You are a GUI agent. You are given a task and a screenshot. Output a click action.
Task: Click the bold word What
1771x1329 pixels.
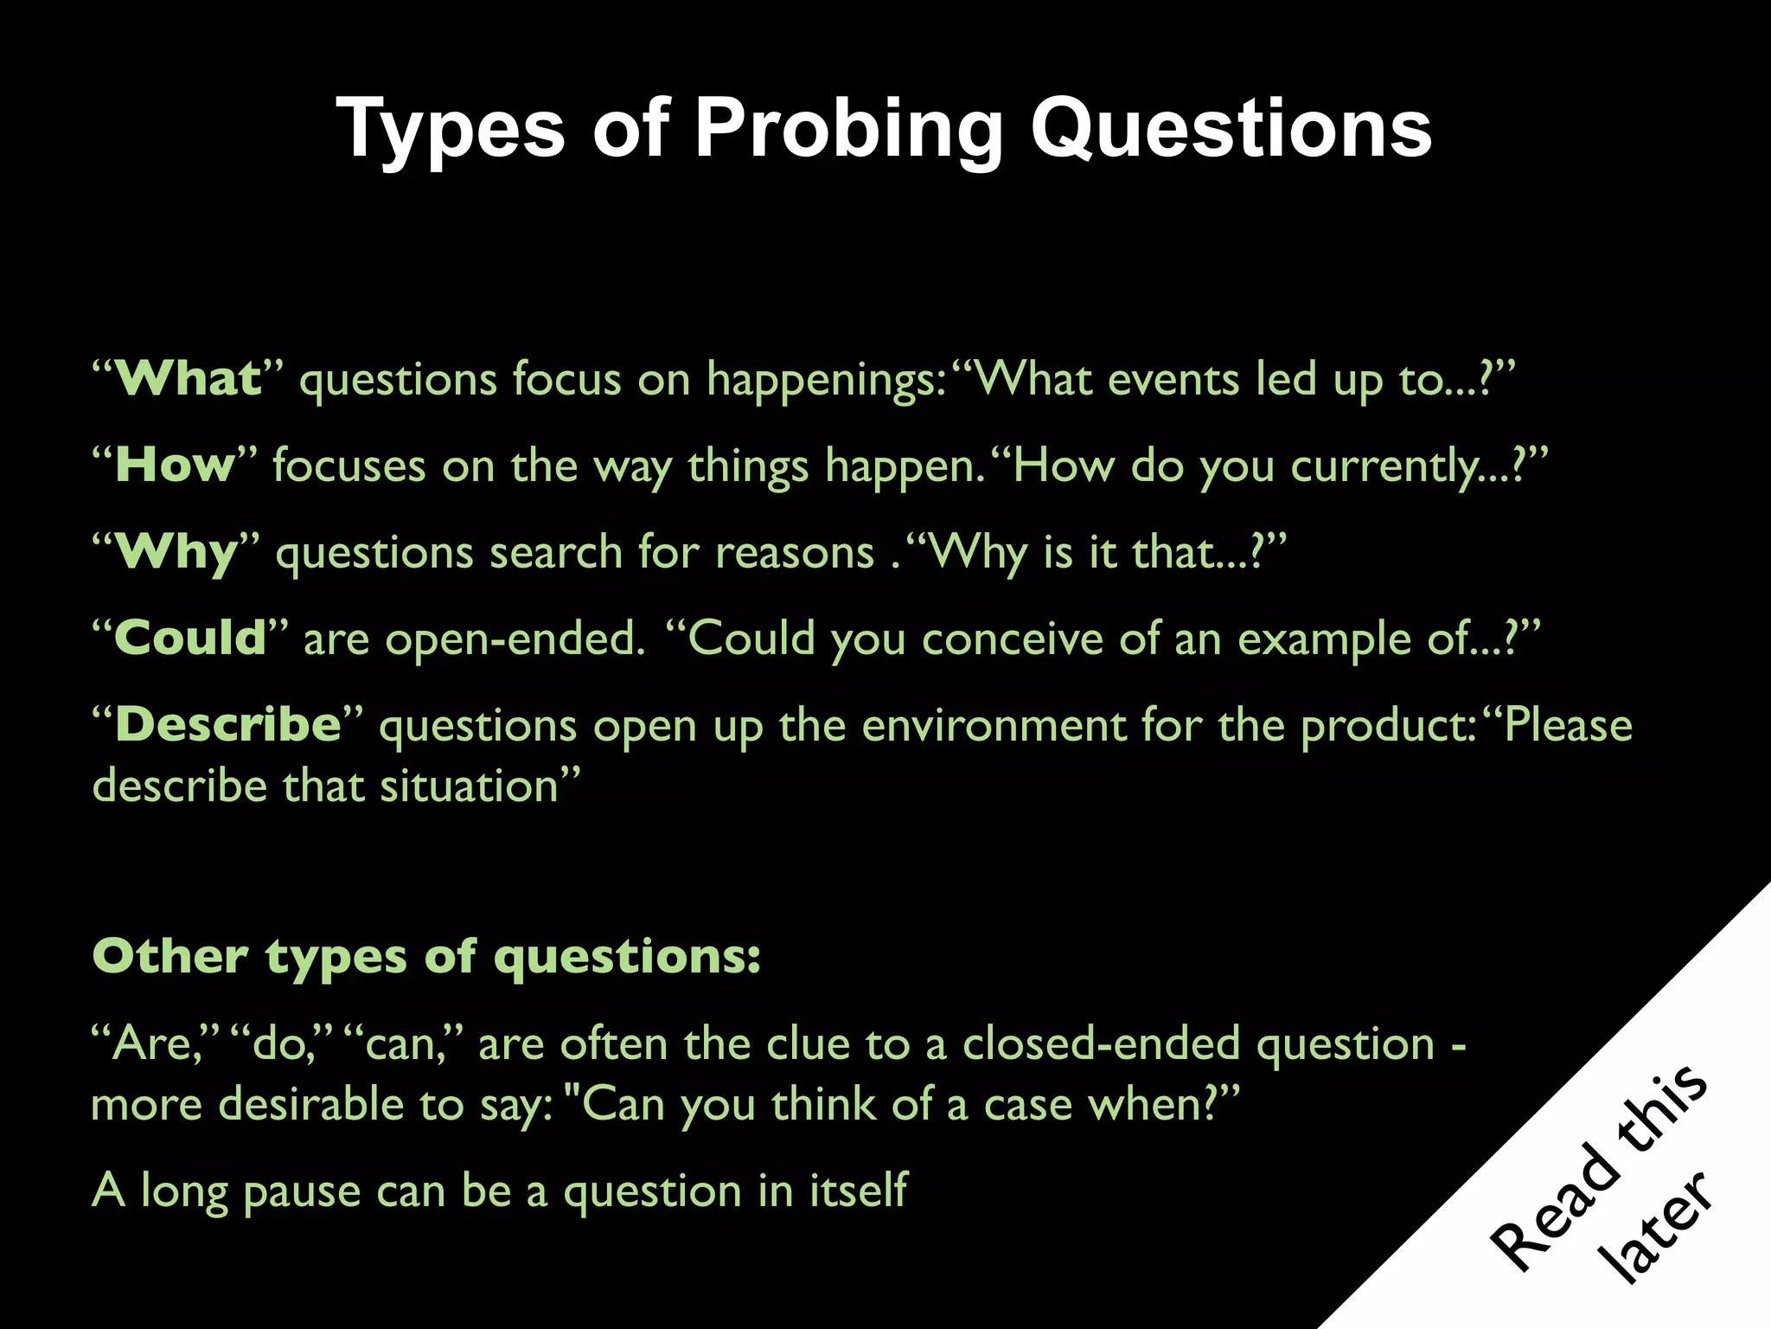tap(188, 379)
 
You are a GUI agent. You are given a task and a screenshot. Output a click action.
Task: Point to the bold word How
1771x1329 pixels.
tap(175, 465)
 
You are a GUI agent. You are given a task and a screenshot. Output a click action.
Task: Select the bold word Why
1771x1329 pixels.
tap(176, 552)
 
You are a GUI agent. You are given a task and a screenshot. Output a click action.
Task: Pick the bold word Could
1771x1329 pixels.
tap(190, 639)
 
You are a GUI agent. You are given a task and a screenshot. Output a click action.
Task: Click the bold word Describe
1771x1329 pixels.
tap(228, 725)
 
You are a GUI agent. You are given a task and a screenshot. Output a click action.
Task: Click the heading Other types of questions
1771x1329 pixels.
tap(426, 957)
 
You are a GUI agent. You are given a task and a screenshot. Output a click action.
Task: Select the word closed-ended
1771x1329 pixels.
tap(1102, 1043)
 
